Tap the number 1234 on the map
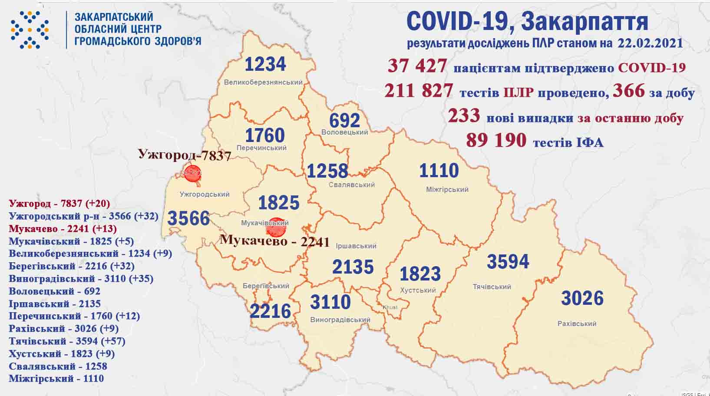pyautogui.click(x=265, y=64)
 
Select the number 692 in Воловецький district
pyautogui.click(x=345, y=120)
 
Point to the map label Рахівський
pyautogui.click(x=577, y=323)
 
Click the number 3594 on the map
pyautogui.click(x=508, y=262)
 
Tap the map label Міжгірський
pyautogui.click(x=447, y=190)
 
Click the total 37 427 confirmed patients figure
pyautogui.click(x=417, y=66)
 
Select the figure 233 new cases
pyautogui.click(x=464, y=116)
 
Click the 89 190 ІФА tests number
pyautogui.click(x=496, y=140)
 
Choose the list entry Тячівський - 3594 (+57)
pyautogui.click(x=67, y=341)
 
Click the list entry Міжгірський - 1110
pyautogui.click(x=56, y=379)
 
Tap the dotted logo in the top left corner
pyautogui.click(x=30, y=30)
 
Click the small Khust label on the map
pyautogui.click(x=390, y=307)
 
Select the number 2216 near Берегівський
pyautogui.click(x=270, y=311)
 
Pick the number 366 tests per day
pyautogui.click(x=628, y=91)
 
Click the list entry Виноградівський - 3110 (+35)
pyautogui.click(x=81, y=279)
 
